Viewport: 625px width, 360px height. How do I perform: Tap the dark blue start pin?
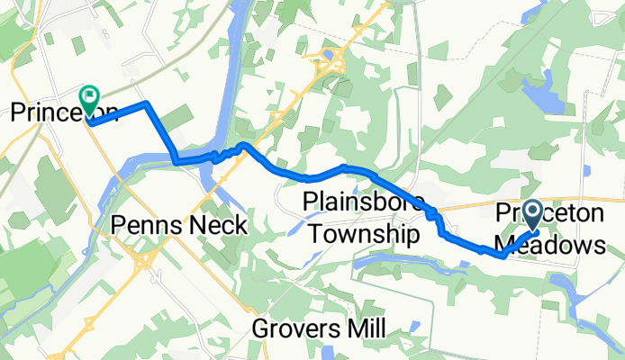click(x=531, y=215)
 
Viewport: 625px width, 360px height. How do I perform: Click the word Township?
click(x=364, y=235)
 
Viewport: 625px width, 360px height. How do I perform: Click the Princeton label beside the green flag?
click(x=63, y=112)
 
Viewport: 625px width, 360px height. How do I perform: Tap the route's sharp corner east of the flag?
click(x=146, y=104)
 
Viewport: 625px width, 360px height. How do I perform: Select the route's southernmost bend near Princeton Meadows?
click(x=501, y=255)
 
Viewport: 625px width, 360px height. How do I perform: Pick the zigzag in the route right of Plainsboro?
click(x=435, y=216)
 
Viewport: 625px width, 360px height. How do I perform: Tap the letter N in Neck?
click(x=205, y=225)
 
